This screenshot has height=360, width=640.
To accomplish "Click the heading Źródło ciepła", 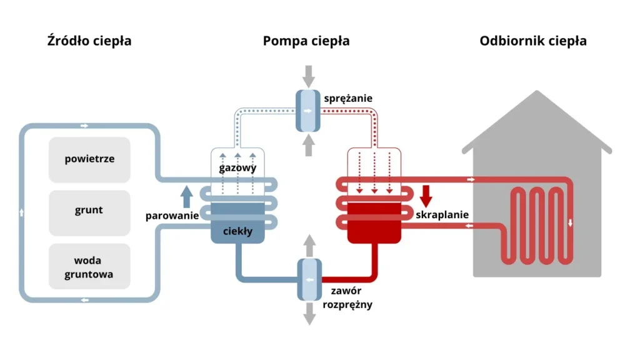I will [x=89, y=41].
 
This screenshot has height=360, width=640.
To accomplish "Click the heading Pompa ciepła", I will [x=306, y=41].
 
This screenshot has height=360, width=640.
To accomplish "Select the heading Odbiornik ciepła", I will [x=533, y=41].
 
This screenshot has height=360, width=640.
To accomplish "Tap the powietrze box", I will [x=89, y=159].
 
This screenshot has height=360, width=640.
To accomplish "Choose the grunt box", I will [x=89, y=211].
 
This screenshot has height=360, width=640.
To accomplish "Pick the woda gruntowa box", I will [x=89, y=267].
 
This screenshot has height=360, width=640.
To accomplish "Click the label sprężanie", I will [x=348, y=98].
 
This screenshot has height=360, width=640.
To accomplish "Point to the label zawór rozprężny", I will [x=347, y=297].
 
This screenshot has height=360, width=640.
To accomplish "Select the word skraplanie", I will [x=442, y=215].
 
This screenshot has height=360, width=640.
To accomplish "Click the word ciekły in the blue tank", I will [x=238, y=231].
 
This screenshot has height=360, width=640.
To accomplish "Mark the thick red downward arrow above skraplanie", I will [x=426, y=196].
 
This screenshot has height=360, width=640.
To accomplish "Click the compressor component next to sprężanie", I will [x=307, y=111].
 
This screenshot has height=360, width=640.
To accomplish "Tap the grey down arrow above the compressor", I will [x=308, y=77].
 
